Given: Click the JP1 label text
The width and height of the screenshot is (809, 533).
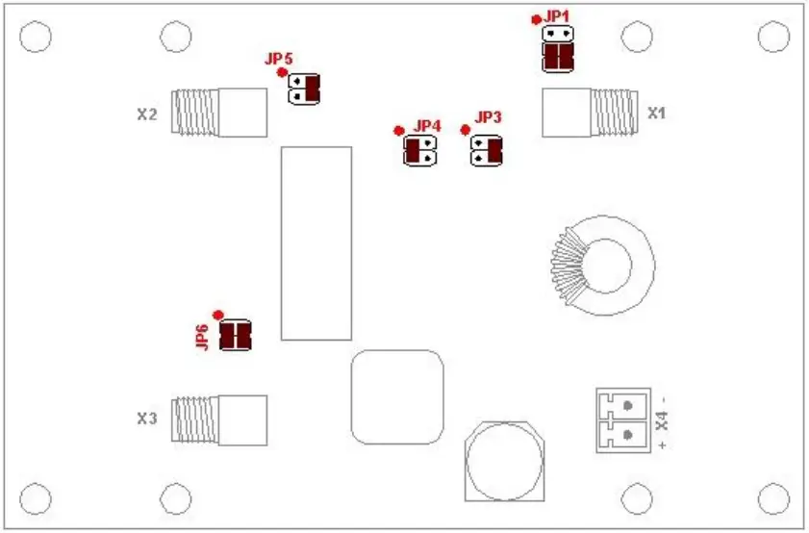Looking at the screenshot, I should [x=557, y=16].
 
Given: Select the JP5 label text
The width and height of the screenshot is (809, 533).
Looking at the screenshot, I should [x=278, y=59].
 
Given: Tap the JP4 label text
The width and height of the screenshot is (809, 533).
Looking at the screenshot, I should [x=427, y=126].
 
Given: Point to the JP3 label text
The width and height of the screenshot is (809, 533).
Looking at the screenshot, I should [x=489, y=117].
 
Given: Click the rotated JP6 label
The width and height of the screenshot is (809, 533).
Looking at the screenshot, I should [x=202, y=338].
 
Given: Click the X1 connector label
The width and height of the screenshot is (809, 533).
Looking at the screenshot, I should [x=657, y=113].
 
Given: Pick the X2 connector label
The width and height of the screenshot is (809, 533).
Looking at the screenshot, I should [x=146, y=114].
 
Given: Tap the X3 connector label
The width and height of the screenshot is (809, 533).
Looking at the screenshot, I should [x=146, y=419].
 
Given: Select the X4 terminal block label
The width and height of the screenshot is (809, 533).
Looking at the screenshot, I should [x=661, y=419].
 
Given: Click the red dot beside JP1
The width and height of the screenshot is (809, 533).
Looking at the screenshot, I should [x=536, y=19].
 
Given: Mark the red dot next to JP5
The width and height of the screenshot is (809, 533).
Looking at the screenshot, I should [x=282, y=72].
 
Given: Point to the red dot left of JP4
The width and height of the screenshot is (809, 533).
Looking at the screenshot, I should [x=398, y=131].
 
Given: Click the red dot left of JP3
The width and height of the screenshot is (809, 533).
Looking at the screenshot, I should [x=466, y=130].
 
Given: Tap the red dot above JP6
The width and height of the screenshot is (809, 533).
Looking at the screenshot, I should [x=218, y=315].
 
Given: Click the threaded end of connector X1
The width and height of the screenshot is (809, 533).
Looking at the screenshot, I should [x=614, y=113].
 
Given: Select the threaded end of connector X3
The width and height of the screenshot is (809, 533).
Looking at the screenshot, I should [x=195, y=420].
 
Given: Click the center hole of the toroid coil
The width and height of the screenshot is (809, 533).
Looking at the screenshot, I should [x=607, y=265].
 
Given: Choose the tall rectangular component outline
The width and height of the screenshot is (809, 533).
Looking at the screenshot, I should [x=316, y=242].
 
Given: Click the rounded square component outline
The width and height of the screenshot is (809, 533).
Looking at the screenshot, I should [x=396, y=396].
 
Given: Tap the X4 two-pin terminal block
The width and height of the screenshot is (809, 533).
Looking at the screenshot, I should [x=621, y=420].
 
